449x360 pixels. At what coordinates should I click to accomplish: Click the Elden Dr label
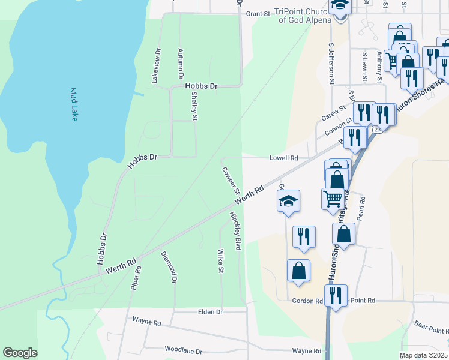coord(210,312)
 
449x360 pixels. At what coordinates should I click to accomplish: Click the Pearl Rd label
coord(361,208)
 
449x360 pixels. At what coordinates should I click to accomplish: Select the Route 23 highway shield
coord(376,129)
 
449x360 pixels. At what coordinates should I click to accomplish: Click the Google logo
coord(20,353)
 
